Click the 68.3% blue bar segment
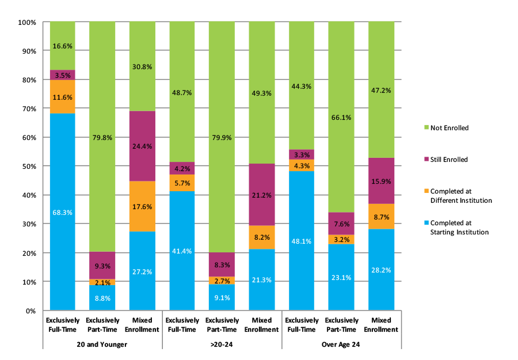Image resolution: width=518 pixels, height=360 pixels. click(x=62, y=211)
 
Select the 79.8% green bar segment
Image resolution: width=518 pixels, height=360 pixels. click(x=102, y=137)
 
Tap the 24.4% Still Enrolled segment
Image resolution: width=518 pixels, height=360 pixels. click(x=142, y=146)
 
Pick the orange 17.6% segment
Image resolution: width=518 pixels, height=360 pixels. click(x=142, y=206)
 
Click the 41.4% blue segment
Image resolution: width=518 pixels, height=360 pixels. click(x=182, y=250)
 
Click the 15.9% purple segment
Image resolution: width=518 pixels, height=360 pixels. click(x=380, y=180)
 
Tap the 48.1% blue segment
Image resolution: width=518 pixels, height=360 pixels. click(x=301, y=241)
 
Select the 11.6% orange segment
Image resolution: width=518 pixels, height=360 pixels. click(x=62, y=97)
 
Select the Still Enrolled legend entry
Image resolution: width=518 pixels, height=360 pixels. click(x=448, y=159)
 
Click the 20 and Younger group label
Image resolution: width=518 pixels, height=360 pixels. click(x=102, y=344)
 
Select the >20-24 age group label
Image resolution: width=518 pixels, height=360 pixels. click(x=222, y=344)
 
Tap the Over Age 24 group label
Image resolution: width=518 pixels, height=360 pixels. click(x=341, y=344)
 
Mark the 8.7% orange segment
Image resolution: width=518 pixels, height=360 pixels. click(x=380, y=216)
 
